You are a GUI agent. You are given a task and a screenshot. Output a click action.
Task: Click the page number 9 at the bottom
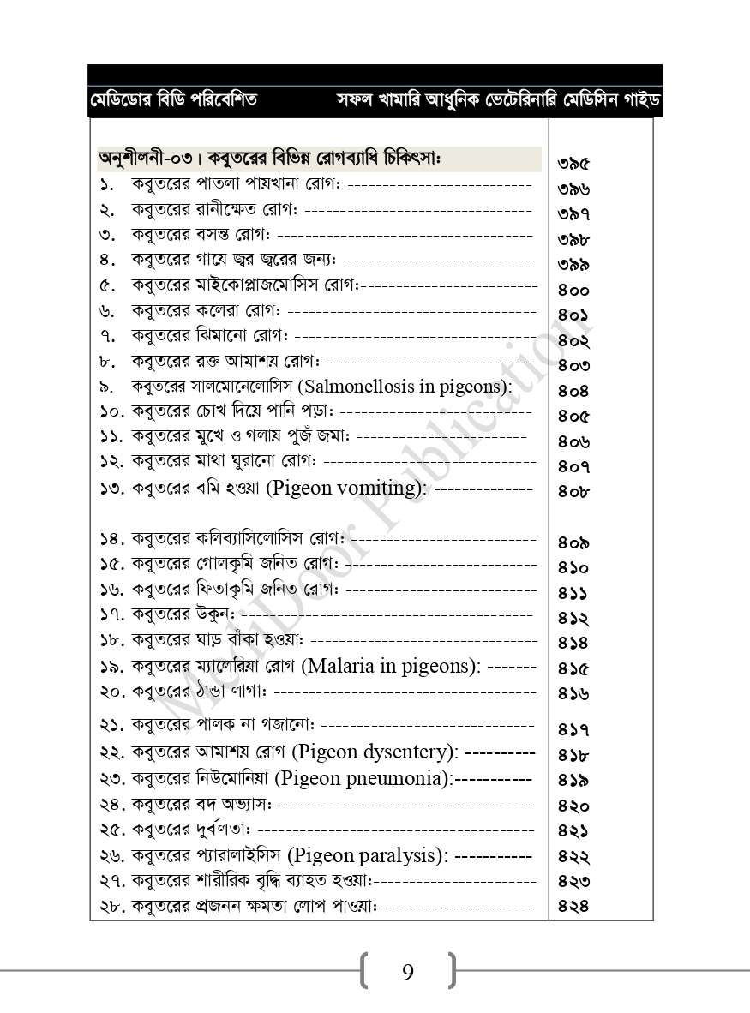coord(407,972)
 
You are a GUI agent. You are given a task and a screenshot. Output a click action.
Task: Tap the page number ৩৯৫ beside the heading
coord(573,163)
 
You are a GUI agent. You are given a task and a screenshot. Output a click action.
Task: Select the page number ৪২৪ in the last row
coord(573,906)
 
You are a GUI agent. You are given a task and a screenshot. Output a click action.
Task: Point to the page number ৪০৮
coord(573,492)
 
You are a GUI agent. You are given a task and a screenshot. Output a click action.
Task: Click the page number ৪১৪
coord(573,643)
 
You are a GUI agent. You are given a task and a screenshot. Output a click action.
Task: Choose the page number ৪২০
coord(573,806)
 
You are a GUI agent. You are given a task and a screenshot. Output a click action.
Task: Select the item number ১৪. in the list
coord(113,540)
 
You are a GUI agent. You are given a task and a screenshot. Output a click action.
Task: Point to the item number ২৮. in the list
coord(113,905)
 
